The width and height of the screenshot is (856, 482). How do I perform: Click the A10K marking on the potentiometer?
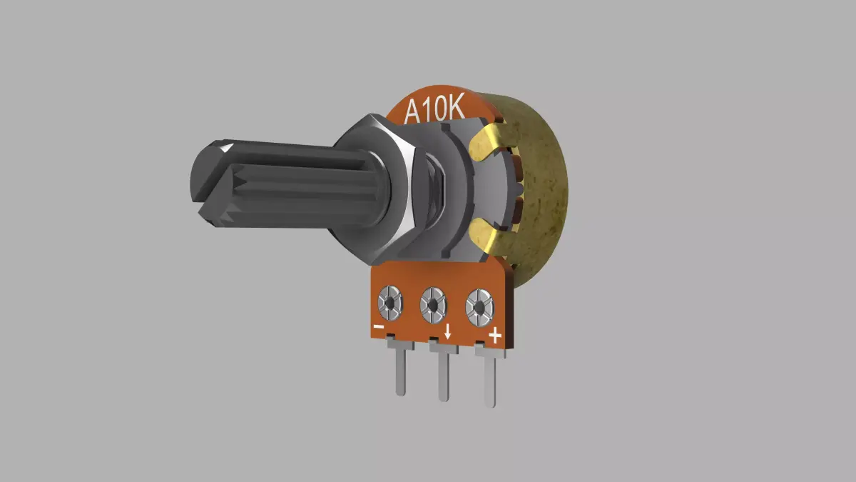(435, 110)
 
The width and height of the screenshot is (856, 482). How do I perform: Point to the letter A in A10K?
(413, 112)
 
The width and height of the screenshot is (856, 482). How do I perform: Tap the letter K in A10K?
(456, 109)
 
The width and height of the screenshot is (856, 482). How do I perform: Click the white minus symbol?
(379, 328)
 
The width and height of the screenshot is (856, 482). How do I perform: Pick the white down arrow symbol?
(447, 331)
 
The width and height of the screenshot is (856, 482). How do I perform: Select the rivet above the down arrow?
(433, 306)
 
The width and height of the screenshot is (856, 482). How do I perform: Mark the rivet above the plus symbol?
(479, 308)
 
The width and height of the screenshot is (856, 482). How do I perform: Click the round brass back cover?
(546, 193)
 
